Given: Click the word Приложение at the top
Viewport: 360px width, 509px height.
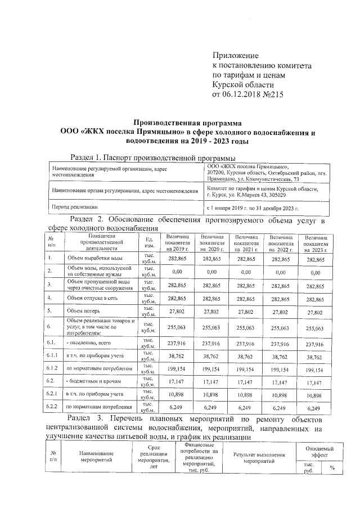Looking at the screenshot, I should coord(235,56).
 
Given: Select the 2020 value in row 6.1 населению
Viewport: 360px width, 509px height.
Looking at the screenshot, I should coord(211,344).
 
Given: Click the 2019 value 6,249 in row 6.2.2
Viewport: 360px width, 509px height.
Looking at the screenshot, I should coord(177,407).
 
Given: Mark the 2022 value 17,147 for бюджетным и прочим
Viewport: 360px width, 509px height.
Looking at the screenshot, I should coord(281,381).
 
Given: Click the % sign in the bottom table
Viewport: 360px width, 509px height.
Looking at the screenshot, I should coord(331,467).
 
